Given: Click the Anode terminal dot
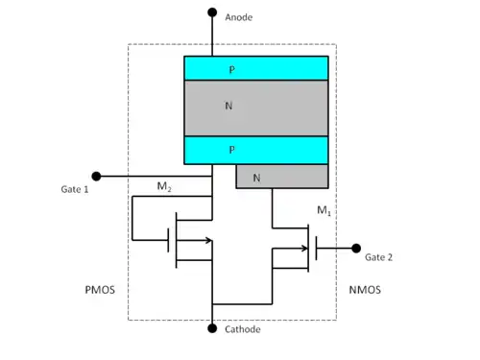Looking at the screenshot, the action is (x=212, y=12).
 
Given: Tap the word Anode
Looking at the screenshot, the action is (x=239, y=17).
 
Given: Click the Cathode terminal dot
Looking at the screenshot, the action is (x=212, y=328).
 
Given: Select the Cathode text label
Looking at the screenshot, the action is (x=243, y=329).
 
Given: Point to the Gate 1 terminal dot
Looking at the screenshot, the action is (x=96, y=176).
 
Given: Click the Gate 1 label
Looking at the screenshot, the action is (x=75, y=189).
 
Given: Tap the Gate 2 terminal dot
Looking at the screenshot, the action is (x=356, y=248).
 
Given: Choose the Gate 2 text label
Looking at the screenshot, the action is (x=378, y=257).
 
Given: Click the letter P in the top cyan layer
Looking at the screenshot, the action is (x=232, y=70).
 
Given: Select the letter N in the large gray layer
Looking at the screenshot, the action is (x=228, y=106).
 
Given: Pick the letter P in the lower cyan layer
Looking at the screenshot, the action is (x=232, y=150).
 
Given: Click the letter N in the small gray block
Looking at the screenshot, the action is (x=256, y=178).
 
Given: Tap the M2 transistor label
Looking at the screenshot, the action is (x=164, y=186).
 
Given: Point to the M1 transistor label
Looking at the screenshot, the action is (x=324, y=210).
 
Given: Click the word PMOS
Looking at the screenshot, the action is (x=100, y=290).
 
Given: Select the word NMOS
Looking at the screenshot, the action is (x=365, y=290).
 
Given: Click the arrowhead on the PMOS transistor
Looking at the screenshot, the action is (x=208, y=240).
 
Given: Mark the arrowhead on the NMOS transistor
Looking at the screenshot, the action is (x=304, y=248).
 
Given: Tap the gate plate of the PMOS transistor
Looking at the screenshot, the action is (x=168, y=240).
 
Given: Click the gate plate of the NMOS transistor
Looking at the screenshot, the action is (x=316, y=248).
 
